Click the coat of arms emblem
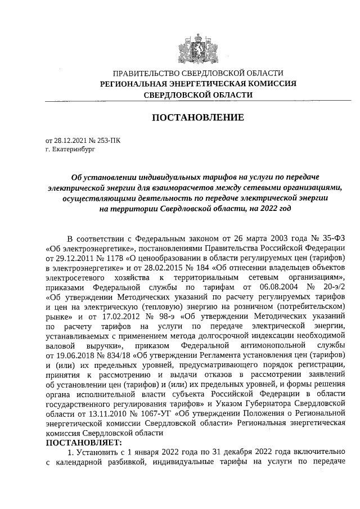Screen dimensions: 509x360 [196, 44]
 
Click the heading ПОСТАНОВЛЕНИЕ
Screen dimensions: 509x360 [196, 118]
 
